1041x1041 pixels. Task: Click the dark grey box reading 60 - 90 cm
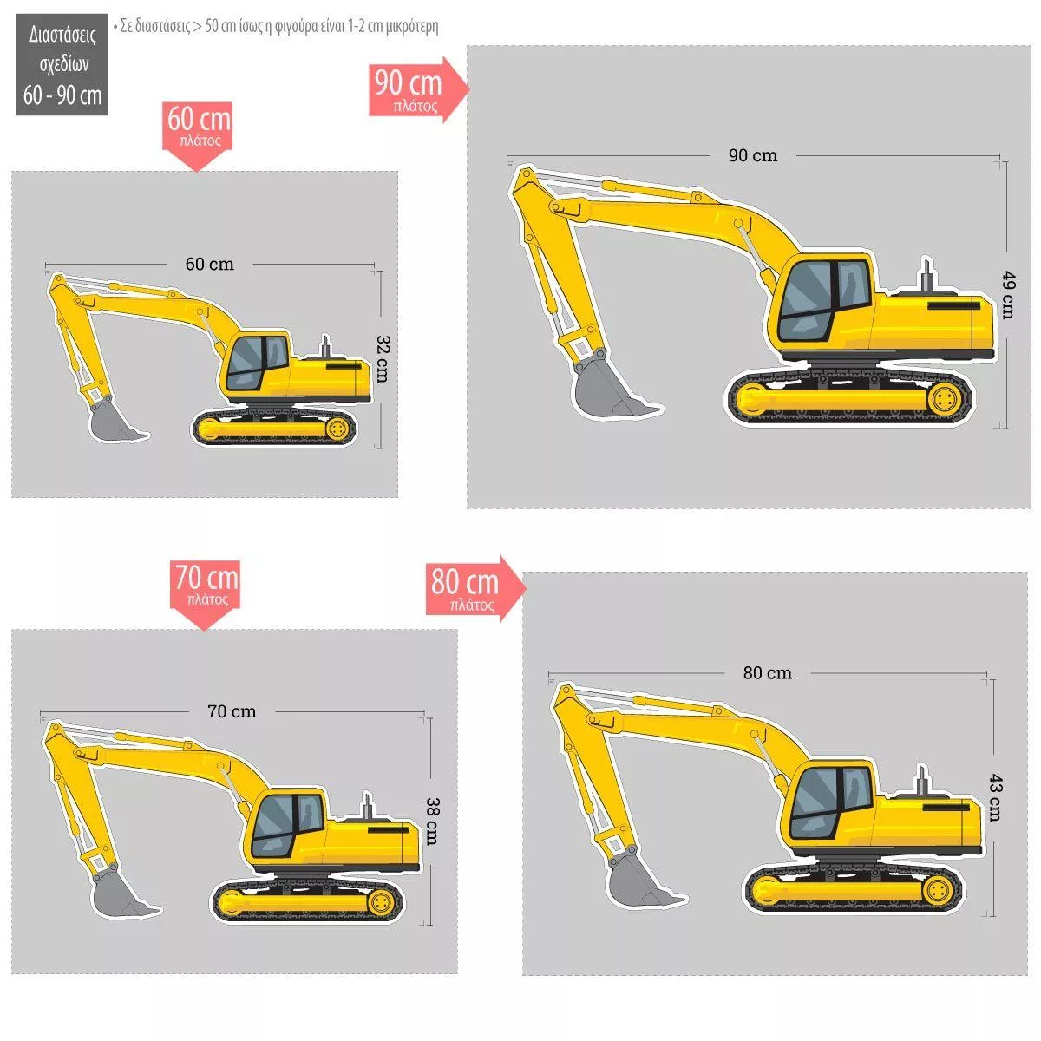click(62, 64)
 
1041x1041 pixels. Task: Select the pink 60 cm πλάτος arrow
click(198, 136)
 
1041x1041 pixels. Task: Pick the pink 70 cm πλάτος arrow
click(206, 595)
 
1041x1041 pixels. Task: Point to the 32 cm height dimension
click(382, 359)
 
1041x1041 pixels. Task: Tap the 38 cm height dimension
click(432, 822)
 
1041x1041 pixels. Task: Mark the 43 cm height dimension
click(995, 797)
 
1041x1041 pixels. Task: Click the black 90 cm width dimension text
click(752, 155)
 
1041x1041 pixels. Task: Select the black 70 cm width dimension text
click(232, 711)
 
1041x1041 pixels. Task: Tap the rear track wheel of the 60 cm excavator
click(337, 429)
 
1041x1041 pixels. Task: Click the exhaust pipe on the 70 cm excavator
click(367, 806)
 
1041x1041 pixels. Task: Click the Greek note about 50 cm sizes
click(276, 26)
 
